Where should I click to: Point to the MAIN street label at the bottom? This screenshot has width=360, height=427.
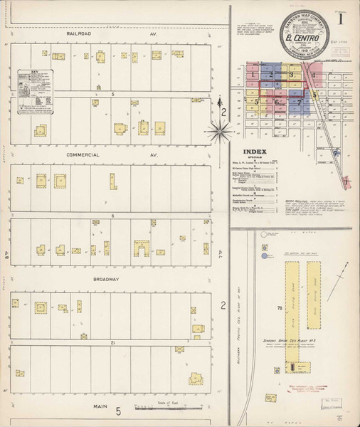pyautogui.click(x=98, y=406)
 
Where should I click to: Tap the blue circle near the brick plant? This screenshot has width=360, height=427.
pyautogui.click(x=265, y=254)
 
